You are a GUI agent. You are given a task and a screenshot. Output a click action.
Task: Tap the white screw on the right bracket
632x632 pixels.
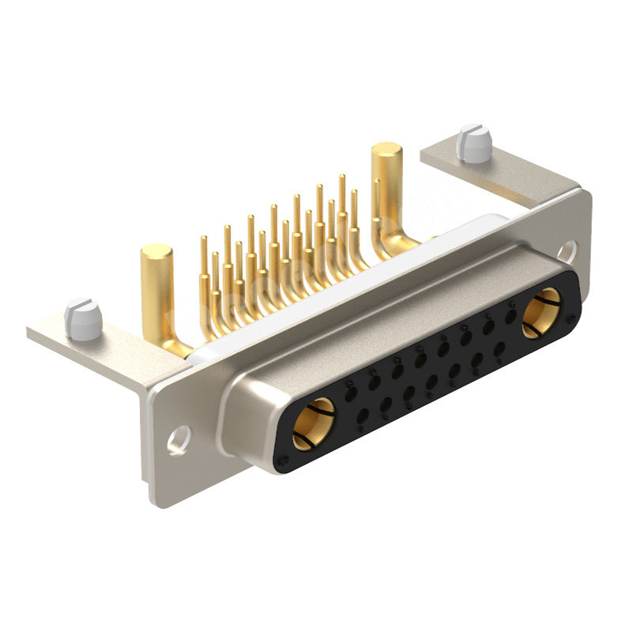coord(474,142)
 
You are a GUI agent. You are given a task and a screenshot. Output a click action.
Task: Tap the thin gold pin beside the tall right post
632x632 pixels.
coord(376,205)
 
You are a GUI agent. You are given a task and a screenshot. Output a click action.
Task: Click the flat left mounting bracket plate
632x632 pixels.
coord(103,348)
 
